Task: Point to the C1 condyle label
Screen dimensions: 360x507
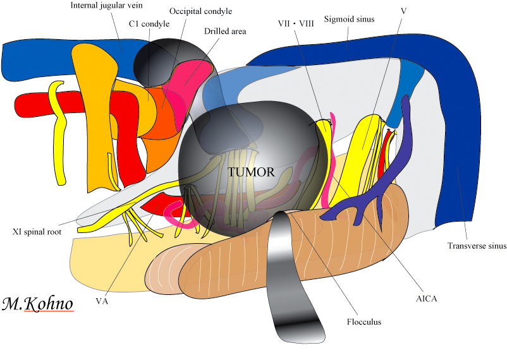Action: (149, 24)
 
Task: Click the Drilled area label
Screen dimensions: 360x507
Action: (225, 31)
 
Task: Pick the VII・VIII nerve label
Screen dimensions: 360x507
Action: (296, 23)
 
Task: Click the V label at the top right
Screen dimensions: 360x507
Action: (403, 11)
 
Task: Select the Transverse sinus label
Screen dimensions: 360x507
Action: (477, 246)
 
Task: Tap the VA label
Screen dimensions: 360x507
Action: (102, 301)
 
